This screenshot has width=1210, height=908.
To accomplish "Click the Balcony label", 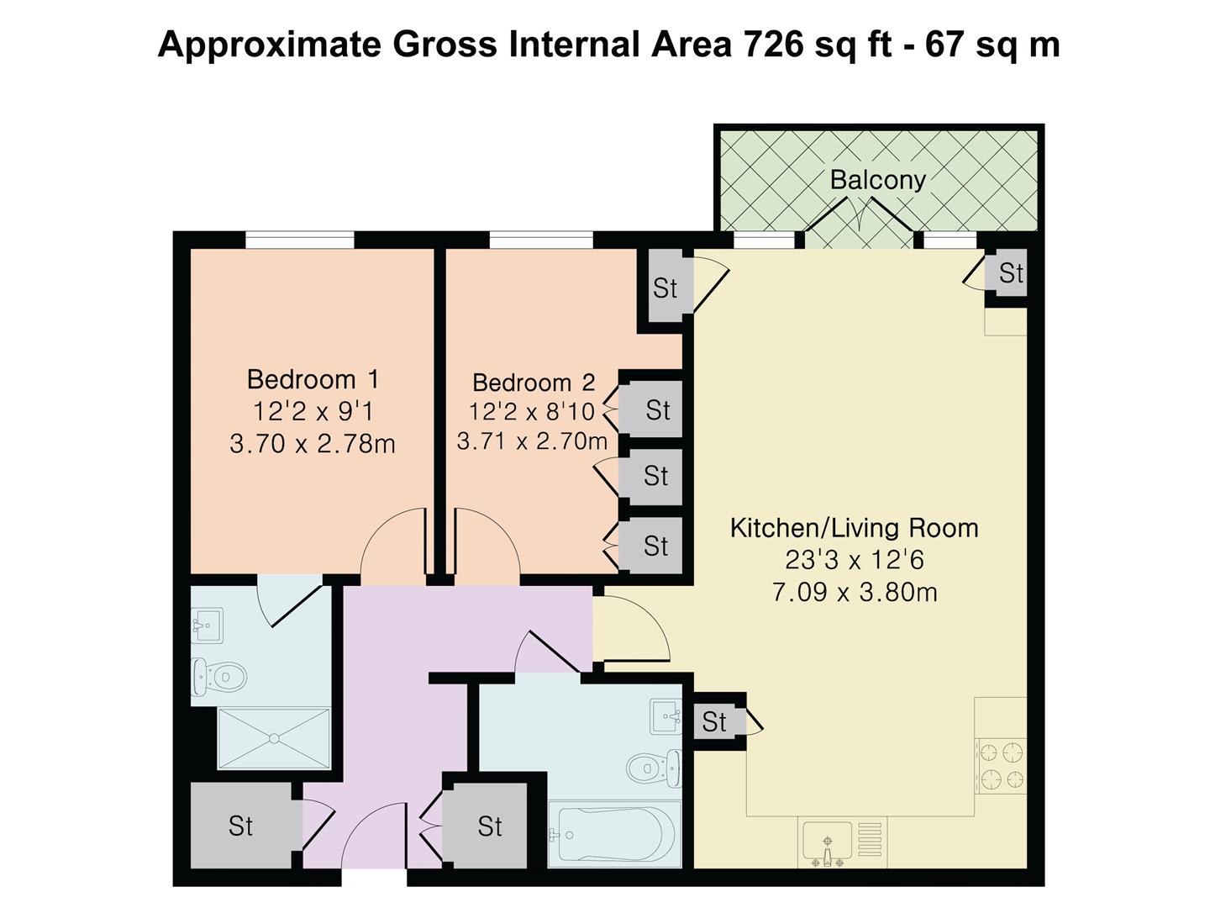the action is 877,180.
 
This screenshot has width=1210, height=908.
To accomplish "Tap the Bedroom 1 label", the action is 313,379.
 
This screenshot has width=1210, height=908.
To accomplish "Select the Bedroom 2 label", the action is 534,383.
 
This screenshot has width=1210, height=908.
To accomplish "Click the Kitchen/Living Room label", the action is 854,528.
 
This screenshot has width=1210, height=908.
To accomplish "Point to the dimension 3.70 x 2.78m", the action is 313,444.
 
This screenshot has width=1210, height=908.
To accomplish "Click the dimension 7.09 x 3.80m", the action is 855,593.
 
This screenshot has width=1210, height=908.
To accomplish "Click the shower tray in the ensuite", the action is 274,738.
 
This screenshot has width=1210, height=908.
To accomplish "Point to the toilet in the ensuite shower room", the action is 218,676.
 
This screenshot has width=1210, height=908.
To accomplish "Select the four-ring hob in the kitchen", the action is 1001,766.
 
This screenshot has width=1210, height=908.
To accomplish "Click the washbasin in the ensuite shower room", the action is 208,626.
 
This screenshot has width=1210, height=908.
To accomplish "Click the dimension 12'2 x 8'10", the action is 531,411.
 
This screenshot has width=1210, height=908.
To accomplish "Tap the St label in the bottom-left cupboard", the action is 241,826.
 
